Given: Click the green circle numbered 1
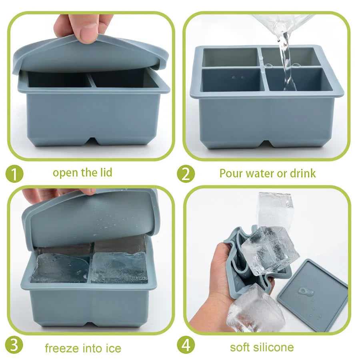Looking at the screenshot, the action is pyautogui.click(x=14, y=174).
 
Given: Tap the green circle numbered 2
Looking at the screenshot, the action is pyautogui.click(x=186, y=174).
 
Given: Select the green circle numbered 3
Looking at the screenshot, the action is pyautogui.click(x=14, y=345).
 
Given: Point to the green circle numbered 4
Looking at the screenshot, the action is pyautogui.click(x=186, y=345).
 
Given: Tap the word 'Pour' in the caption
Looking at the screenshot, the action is pyautogui.click(x=230, y=173).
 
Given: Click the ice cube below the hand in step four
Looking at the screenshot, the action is pyautogui.click(x=255, y=308).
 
